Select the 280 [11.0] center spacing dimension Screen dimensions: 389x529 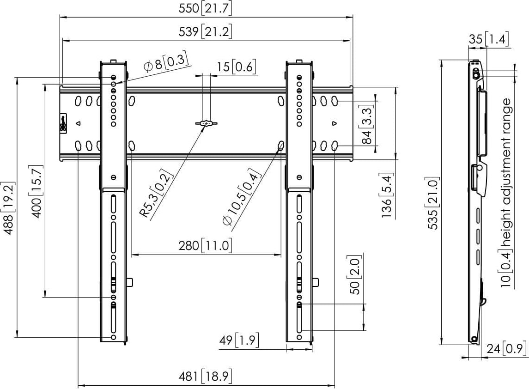coord(206,245)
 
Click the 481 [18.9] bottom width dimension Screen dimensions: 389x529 coord(205,377)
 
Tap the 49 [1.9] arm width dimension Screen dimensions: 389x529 coord(238,341)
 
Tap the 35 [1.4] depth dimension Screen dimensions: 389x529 coord(489,40)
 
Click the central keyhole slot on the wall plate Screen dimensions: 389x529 coord(206,123)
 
